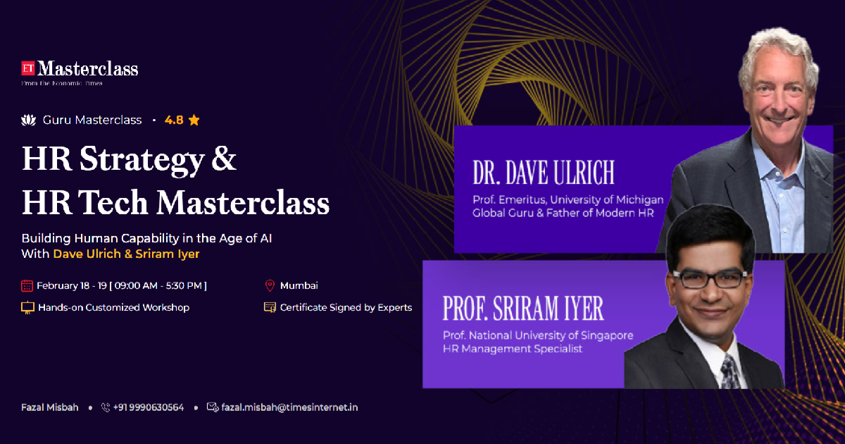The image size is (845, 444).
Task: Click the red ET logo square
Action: (28, 68)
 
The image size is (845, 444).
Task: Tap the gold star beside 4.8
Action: (194, 120)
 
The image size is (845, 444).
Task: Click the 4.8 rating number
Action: (174, 120)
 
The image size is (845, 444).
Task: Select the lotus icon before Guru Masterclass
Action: (28, 120)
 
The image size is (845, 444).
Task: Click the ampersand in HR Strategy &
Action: (224, 159)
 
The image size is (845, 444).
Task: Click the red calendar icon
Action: (27, 285)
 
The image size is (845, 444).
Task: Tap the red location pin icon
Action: (270, 285)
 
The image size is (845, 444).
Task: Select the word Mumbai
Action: (299, 285)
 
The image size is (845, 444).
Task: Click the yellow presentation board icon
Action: (27, 308)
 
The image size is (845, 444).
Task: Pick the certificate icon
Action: (270, 308)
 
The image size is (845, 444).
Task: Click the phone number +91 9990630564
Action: (149, 407)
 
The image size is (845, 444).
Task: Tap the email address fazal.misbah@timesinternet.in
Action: (289, 407)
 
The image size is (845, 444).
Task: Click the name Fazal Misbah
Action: (50, 407)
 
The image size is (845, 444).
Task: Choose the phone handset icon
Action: (106, 407)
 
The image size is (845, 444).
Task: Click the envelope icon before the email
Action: (213, 407)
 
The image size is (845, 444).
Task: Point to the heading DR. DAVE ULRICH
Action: (544, 173)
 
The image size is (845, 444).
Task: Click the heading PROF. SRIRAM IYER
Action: (522, 308)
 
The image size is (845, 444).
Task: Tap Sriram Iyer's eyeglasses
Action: (710, 278)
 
